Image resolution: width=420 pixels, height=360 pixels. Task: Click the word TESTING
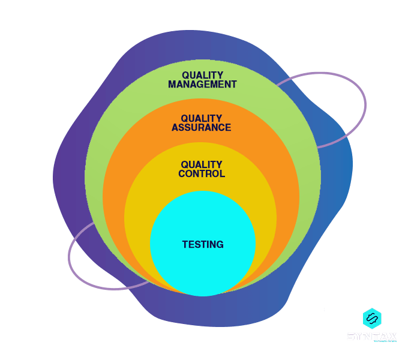click(x=203, y=245)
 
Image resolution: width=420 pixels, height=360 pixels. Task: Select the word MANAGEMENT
click(x=202, y=85)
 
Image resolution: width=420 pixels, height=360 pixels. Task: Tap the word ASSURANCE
click(x=201, y=128)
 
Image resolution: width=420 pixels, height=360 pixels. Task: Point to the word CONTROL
click(x=202, y=174)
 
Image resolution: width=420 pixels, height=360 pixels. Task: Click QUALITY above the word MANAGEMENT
click(x=203, y=76)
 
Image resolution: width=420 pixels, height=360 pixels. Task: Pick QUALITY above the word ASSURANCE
click(x=202, y=119)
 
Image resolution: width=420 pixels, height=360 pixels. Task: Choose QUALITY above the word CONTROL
click(x=202, y=165)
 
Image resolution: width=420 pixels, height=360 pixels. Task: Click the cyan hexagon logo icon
click(x=372, y=319)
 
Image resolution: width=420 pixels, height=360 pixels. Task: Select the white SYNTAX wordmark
click(x=372, y=336)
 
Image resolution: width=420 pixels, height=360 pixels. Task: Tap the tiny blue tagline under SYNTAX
click(x=384, y=341)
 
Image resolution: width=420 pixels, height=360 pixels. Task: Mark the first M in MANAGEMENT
click(x=172, y=85)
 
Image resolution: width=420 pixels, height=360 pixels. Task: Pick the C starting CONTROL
click(x=182, y=174)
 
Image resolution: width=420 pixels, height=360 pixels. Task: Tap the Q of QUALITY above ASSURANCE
click(x=185, y=119)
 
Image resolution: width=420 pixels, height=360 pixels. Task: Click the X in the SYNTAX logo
click(x=392, y=336)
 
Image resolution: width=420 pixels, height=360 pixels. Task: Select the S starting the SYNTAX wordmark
click(x=351, y=336)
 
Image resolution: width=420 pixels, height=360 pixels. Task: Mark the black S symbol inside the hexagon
click(x=372, y=319)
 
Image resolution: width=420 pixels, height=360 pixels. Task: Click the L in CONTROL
click(x=222, y=174)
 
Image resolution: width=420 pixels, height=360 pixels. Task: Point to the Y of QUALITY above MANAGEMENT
click(x=220, y=76)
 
